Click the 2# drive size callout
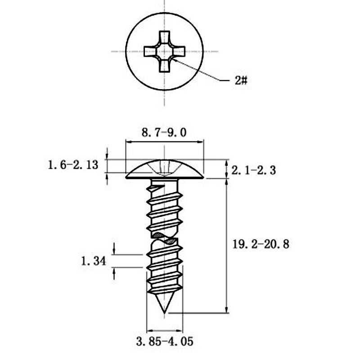[241, 81]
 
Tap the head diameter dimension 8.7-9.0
[164, 133]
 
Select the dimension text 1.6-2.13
[73, 165]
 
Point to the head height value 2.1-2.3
[253, 171]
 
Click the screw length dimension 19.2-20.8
[261, 244]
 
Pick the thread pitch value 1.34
[94, 261]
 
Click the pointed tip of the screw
[164, 313]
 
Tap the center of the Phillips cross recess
[164, 51]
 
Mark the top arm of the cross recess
[164, 37]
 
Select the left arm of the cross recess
[150, 51]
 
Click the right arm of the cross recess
[178, 51]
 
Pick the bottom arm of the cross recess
[164, 65]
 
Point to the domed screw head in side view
[165, 169]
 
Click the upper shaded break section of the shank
[158, 235]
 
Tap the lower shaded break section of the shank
[171, 241]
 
